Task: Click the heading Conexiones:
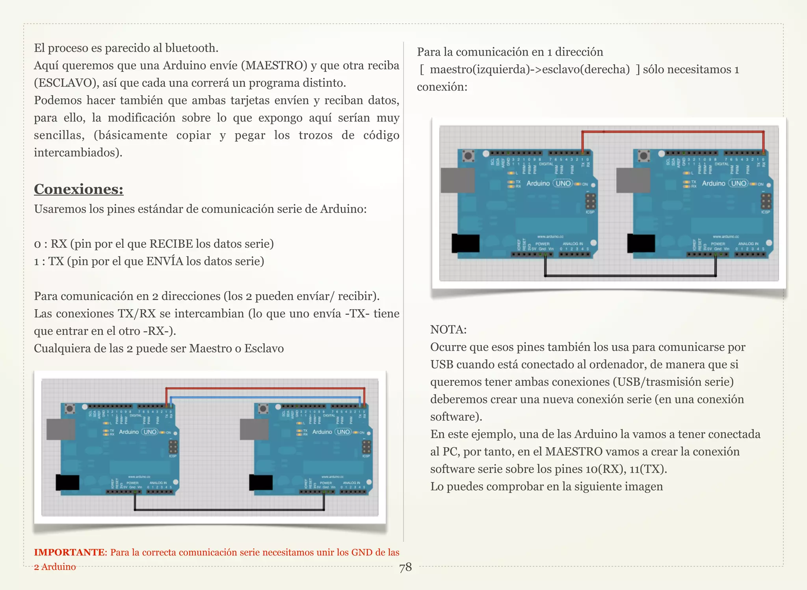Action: (78, 189)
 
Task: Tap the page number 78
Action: (405, 567)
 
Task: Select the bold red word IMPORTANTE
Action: (69, 552)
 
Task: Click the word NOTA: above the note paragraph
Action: (448, 329)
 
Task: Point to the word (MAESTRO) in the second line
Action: (276, 65)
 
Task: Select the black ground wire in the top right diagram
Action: (630, 276)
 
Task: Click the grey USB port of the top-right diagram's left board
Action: (457, 180)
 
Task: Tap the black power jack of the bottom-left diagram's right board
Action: (261, 482)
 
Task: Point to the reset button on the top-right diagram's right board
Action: (644, 156)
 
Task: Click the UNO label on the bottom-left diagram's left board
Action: (150, 432)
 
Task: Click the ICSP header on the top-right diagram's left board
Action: (590, 201)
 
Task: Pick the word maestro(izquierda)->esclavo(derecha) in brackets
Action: (530, 69)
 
